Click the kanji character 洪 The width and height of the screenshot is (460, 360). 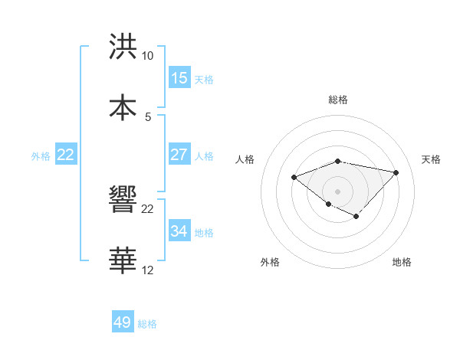[x=123, y=47]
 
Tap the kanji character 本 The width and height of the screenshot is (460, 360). [x=123, y=107]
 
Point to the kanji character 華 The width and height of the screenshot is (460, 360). [x=123, y=260]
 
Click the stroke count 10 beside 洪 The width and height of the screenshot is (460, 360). [x=147, y=56]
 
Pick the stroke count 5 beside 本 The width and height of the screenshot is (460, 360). [x=147, y=116]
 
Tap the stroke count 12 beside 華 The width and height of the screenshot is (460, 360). [x=147, y=270]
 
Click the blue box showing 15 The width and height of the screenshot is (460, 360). [x=179, y=78]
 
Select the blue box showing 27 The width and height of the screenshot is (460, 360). [x=179, y=155]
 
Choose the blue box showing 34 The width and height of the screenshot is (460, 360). [x=179, y=231]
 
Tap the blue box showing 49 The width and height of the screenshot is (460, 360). [x=123, y=322]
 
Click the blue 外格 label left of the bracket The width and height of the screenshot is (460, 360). [x=41, y=155]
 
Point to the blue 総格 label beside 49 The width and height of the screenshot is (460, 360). [x=147, y=324]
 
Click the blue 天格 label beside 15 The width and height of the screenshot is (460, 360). [x=204, y=79]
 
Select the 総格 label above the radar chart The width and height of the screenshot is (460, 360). [x=338, y=100]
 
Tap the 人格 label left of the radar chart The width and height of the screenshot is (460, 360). [x=245, y=159]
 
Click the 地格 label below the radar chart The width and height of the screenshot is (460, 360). [x=402, y=262]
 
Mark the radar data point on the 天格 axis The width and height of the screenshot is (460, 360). [x=396, y=172]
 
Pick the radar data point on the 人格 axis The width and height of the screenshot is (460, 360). [x=294, y=178]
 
